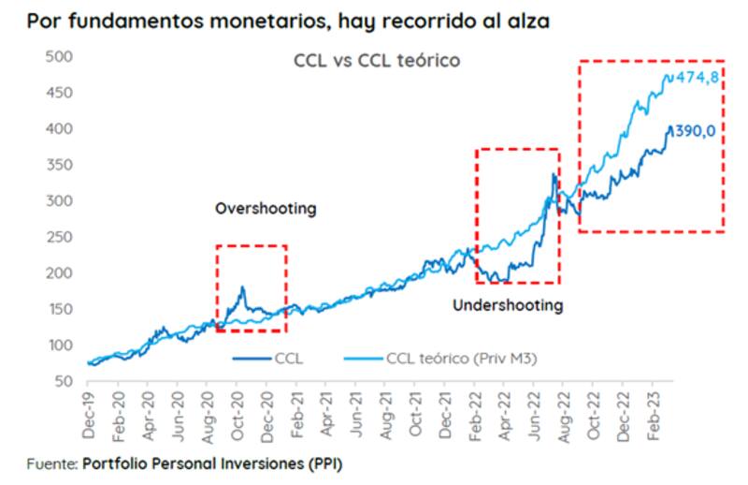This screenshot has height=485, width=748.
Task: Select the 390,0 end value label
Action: point(695,131)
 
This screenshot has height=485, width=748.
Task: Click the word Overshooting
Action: point(266,209)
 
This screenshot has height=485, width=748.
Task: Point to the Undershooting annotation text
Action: point(508,305)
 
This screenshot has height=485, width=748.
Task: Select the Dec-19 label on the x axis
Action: point(87,413)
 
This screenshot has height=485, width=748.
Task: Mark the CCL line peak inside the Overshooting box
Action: point(242,287)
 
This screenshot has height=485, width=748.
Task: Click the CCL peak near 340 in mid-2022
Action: point(554,174)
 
